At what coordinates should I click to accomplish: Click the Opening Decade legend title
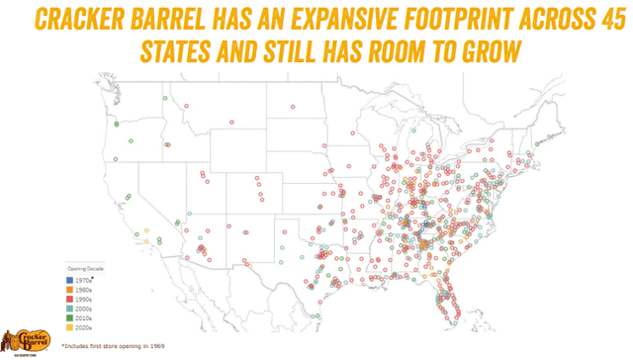click(x=85, y=267)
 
